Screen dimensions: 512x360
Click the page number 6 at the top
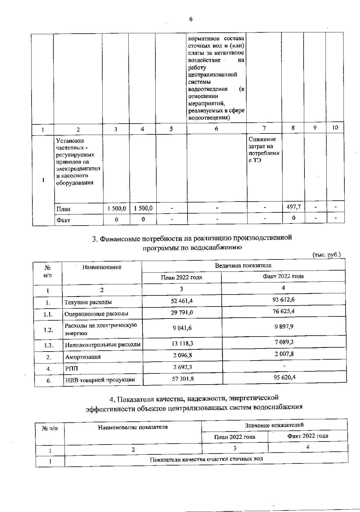coord(190,19)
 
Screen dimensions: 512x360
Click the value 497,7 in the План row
coord(294,207)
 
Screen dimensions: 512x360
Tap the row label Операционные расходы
coord(96,314)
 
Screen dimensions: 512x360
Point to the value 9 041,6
coord(182,328)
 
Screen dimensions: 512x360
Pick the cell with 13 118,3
coord(182,343)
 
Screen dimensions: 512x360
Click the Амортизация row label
coord(83,357)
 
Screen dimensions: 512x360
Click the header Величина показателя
coord(243,265)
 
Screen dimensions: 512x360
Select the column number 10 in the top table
coord(335,127)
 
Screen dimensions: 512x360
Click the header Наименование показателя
coord(133,427)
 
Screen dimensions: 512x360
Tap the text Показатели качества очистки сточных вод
coord(206,459)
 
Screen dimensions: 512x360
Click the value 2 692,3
coord(182,367)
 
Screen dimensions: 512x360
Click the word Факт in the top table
coord(63,220)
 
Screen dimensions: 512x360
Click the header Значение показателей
coord(274,425)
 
